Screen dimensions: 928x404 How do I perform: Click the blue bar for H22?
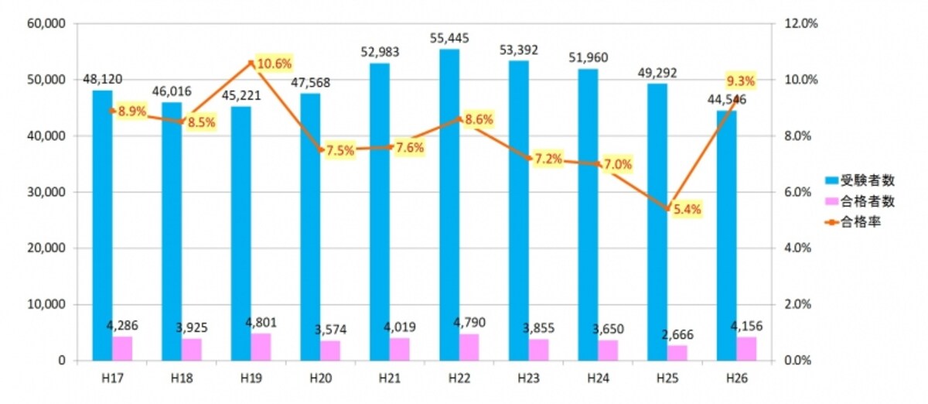[x=449, y=205]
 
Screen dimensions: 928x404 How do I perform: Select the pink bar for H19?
[x=261, y=348]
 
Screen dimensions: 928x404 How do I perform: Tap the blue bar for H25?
[x=658, y=222]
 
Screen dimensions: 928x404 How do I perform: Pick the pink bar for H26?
[x=746, y=349]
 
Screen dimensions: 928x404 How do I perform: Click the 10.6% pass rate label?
[x=275, y=64]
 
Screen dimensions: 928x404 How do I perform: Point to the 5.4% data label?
[x=687, y=210]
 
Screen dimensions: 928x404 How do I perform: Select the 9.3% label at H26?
[x=741, y=81]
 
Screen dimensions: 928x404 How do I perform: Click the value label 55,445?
[x=449, y=39]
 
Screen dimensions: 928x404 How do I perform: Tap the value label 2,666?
[x=677, y=334]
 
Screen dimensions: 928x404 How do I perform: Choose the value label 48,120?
[x=102, y=79]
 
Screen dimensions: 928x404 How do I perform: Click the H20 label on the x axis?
[x=321, y=378]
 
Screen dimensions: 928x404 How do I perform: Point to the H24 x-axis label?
[x=599, y=378]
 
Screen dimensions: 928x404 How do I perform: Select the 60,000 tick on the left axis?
[x=46, y=24]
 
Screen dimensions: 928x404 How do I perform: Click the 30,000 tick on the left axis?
[x=46, y=192]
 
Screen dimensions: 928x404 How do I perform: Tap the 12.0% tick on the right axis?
[x=801, y=24]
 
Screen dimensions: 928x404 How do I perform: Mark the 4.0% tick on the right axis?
[x=797, y=248]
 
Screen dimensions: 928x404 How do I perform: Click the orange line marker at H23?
[x=529, y=159]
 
